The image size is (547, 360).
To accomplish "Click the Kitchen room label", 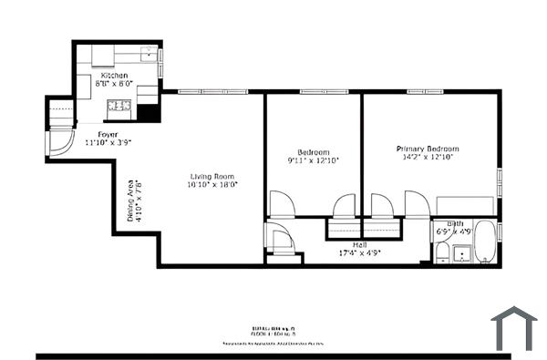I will [x=114, y=75].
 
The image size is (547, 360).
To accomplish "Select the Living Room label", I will [x=212, y=176].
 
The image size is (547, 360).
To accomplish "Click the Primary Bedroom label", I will [x=427, y=149].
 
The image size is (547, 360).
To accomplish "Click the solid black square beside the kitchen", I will [x=148, y=113].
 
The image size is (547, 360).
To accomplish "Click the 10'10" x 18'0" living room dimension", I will [x=212, y=184].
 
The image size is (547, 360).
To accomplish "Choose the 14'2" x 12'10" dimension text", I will [x=427, y=157].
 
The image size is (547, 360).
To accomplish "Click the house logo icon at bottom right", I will [x=514, y=329].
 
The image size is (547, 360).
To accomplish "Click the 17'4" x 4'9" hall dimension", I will [x=358, y=252].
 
